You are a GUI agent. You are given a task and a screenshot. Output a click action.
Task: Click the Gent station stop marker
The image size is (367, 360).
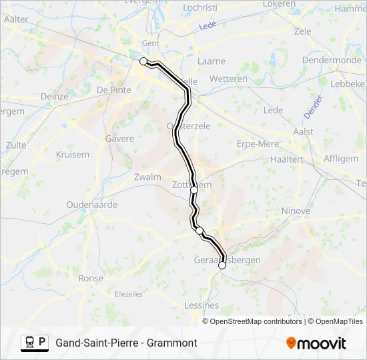(143, 61)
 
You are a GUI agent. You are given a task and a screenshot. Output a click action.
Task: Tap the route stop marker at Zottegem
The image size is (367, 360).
(194, 190)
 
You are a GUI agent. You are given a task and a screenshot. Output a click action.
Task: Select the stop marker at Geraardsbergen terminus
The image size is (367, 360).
(222, 265)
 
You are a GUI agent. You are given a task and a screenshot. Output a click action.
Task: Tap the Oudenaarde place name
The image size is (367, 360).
(92, 205)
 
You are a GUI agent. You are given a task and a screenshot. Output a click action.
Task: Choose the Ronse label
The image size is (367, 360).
(91, 278)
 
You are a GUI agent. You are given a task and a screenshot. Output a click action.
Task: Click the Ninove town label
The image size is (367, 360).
(296, 211)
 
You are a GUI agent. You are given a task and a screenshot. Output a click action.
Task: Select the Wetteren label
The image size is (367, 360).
(228, 79)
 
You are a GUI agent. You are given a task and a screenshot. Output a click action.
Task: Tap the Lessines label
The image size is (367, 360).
(201, 305)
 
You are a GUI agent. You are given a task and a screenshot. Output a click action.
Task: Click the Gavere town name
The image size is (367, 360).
(119, 139)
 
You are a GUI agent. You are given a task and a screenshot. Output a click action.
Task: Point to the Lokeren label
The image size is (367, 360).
(279, 4)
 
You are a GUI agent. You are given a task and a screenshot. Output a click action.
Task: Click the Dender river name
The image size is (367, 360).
(313, 107)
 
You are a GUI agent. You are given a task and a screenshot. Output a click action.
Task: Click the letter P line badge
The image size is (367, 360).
(42, 343)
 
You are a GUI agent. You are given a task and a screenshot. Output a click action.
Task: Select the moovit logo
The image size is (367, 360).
(316, 343)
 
